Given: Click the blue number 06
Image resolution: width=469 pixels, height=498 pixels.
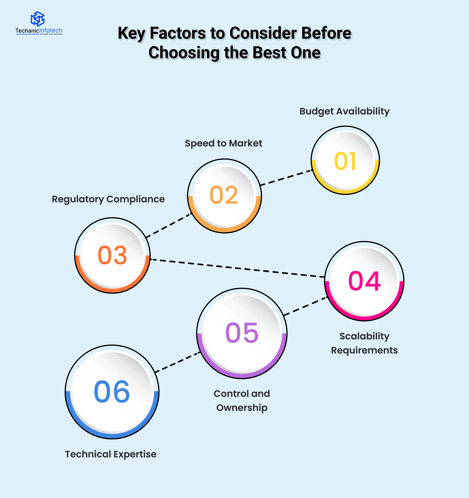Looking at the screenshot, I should (x=112, y=392).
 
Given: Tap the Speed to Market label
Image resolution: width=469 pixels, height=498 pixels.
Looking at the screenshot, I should (x=223, y=143).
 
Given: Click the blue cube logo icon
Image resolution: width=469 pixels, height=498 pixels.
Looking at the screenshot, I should (x=38, y=19).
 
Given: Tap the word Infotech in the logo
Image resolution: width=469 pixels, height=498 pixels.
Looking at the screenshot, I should (x=51, y=31).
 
